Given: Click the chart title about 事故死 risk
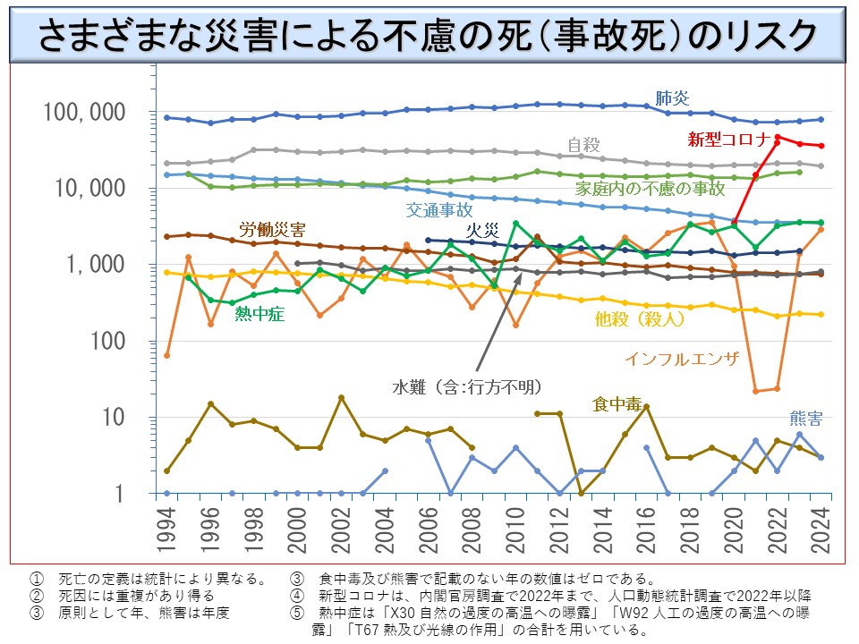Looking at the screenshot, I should click(x=429, y=33).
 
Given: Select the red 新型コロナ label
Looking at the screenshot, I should click(x=729, y=139).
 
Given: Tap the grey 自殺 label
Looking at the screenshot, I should click(x=584, y=145).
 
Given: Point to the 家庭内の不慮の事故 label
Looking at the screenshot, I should click(x=651, y=188).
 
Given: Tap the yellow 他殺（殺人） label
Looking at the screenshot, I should click(x=641, y=318).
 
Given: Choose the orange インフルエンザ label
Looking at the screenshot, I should click(x=682, y=359).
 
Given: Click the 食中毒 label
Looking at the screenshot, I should click(x=617, y=404).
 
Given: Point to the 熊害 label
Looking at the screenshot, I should click(x=806, y=418).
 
